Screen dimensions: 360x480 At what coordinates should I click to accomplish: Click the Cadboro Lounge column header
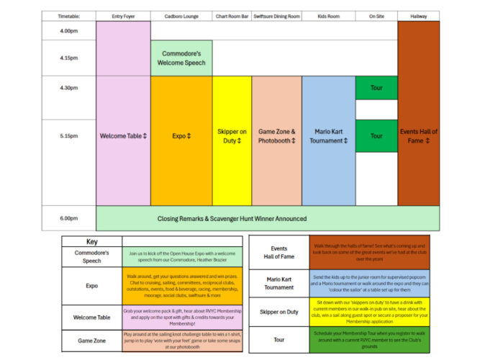pyautogui.click(x=181, y=16)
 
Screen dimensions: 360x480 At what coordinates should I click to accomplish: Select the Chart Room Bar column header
pyautogui.click(x=232, y=16)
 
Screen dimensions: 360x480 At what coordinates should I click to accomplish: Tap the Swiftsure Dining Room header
pyautogui.click(x=276, y=16)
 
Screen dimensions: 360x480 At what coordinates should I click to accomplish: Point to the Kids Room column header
pyautogui.click(x=328, y=16)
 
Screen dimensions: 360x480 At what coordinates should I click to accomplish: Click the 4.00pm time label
pyautogui.click(x=69, y=31)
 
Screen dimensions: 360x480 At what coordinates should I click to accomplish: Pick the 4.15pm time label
pyautogui.click(x=69, y=58)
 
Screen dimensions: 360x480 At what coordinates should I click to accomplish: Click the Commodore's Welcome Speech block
pyautogui.click(x=181, y=58)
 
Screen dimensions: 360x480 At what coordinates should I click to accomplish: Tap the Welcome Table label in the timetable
pyautogui.click(x=123, y=135)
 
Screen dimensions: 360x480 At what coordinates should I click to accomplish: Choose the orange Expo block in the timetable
pyautogui.click(x=181, y=135)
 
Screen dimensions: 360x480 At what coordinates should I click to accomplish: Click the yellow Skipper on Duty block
pyautogui.click(x=232, y=136)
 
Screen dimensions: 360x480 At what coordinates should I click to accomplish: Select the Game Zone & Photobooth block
pyautogui.click(x=276, y=136)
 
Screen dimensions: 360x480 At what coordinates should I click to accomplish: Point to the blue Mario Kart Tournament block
pyautogui.click(x=328, y=136)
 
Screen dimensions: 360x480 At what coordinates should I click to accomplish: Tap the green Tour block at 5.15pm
pyautogui.click(x=376, y=135)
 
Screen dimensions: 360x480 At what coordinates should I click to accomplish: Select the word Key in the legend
pyautogui.click(x=92, y=242)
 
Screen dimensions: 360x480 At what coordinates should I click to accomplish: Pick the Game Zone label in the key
pyautogui.click(x=92, y=341)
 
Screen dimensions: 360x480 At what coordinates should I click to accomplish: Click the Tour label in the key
pyautogui.click(x=279, y=339)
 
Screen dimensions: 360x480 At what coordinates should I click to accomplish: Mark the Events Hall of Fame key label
pyautogui.click(x=279, y=252)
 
